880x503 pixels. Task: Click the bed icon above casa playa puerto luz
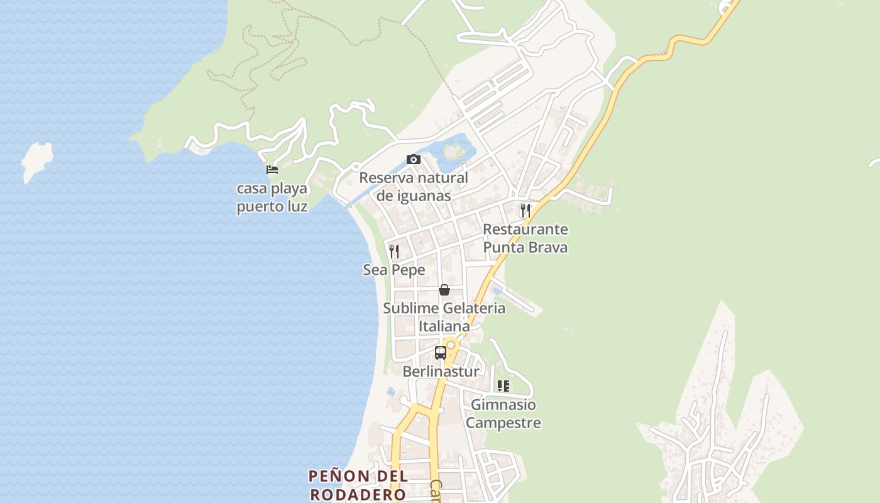272,170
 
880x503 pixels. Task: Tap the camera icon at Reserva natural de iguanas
413,159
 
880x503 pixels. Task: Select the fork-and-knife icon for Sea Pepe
394,251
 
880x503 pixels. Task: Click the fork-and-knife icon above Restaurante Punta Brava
525,211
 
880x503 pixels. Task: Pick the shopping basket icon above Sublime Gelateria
444,290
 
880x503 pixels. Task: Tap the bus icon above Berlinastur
441,353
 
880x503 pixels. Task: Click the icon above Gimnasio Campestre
503,386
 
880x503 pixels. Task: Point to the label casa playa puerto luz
272,197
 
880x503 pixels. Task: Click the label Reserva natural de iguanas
414,187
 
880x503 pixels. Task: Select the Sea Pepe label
394,270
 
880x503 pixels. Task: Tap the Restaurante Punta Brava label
525,238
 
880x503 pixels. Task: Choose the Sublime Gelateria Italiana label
444,317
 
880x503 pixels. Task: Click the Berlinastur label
441,372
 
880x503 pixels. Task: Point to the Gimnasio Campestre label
503,414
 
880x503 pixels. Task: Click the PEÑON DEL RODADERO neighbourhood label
358,485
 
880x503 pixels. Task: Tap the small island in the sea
36,160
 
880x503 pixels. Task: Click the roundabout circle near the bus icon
451,345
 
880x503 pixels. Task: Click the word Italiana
444,326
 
